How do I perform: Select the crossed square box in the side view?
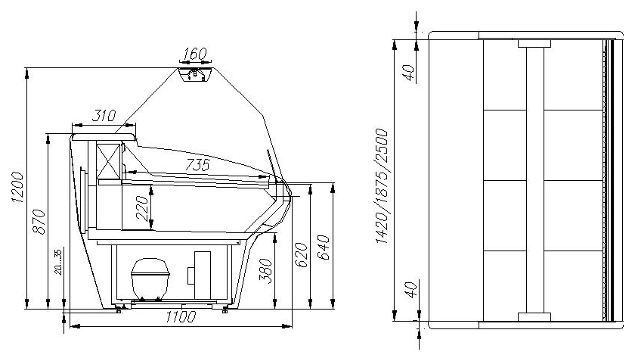point(109,160)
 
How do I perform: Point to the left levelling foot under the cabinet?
point(119,309)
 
